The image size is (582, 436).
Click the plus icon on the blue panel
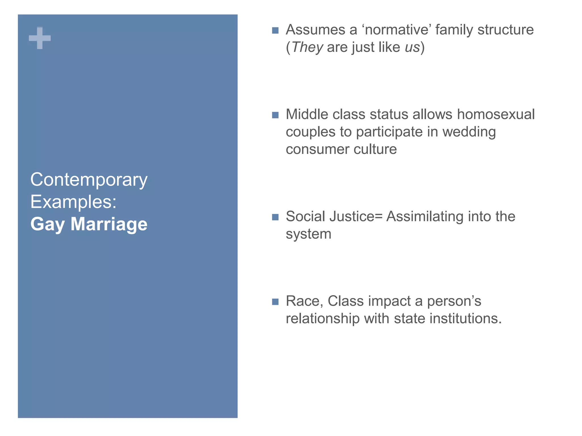tap(40, 38)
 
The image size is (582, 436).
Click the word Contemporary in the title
tap(89, 180)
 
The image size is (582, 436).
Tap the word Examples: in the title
tap(73, 202)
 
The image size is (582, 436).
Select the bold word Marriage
tap(109, 224)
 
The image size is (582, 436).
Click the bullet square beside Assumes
tap(275, 30)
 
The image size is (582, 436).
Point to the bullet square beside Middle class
tap(275, 115)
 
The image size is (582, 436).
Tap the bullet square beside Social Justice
tap(275, 217)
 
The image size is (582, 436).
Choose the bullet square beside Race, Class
tap(275, 302)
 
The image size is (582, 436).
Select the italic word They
tap(307, 47)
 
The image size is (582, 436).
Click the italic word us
tap(412, 47)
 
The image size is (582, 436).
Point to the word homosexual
tap(496, 114)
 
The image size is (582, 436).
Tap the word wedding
tap(469, 132)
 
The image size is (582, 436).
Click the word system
tap(308, 234)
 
